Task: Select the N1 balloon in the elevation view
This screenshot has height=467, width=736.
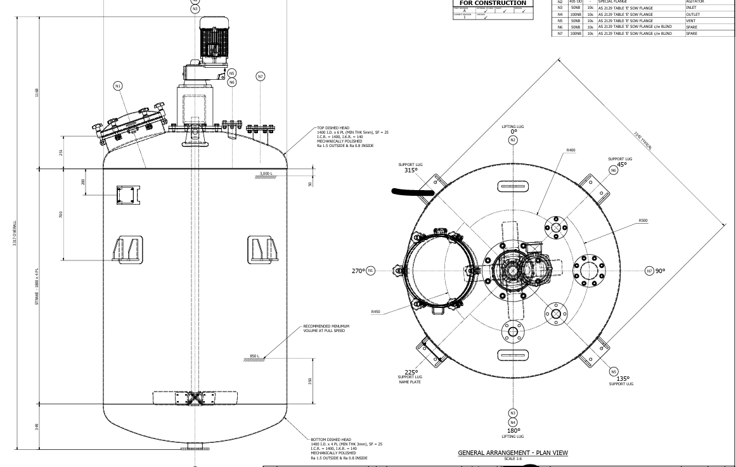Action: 118,86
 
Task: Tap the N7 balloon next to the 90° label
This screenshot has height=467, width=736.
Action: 649,271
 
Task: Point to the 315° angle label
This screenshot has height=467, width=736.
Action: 411,170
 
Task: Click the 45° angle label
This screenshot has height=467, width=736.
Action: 621,165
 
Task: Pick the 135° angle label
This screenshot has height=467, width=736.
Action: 622,379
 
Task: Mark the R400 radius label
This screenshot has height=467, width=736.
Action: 571,151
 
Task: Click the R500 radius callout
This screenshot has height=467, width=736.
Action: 643,221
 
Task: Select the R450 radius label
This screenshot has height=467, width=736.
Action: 376,312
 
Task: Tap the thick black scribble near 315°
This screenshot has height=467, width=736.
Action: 413,191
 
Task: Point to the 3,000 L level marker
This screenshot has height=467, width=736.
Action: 266,174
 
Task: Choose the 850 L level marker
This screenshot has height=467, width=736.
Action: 254,356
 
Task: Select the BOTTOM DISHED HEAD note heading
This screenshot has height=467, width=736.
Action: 331,440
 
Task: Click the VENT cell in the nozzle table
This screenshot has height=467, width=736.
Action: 691,21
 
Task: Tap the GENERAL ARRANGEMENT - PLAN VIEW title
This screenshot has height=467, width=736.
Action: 513,452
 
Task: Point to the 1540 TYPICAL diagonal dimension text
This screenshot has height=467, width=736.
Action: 643,141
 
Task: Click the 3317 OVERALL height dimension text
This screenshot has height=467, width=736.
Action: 15,234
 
